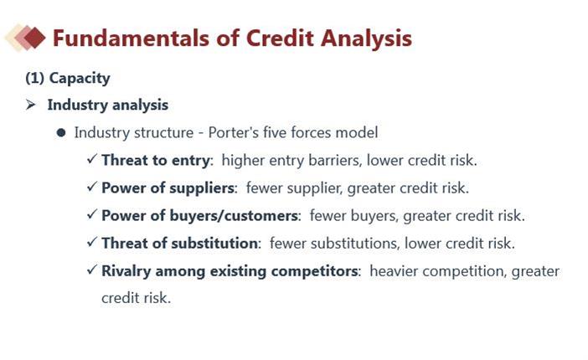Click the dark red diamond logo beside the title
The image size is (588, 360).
coord(34,38)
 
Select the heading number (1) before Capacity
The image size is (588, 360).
coord(34,78)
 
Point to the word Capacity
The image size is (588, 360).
coord(80,79)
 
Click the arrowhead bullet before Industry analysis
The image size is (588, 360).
coord(31,105)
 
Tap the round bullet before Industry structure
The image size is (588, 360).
coord(61,133)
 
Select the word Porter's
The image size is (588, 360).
coord(233,133)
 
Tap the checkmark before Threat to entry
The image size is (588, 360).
coord(92,158)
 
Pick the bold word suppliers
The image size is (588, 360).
coord(202,188)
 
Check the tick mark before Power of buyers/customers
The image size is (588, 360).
coord(92,214)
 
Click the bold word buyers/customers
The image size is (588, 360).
coord(234,216)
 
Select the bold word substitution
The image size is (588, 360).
coord(214,244)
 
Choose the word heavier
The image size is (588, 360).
coord(394,271)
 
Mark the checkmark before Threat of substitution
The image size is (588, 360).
coord(92,242)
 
